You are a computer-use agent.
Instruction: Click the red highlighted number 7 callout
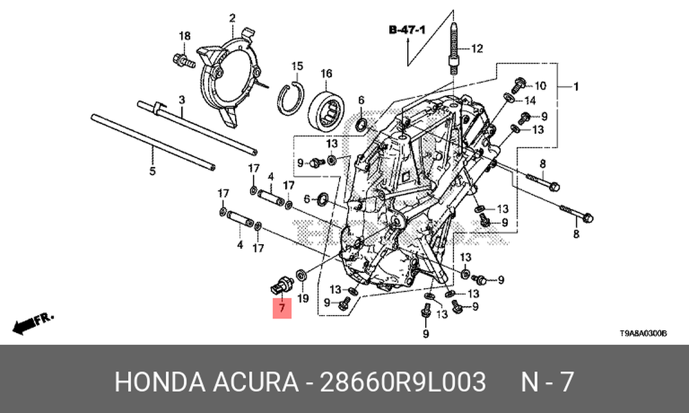click(x=282, y=308)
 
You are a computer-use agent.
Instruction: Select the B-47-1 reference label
click(x=407, y=30)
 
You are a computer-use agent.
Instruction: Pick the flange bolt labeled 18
click(x=184, y=61)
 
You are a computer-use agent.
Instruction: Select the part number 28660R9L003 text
click(x=402, y=381)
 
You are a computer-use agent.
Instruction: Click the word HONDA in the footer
click(x=160, y=381)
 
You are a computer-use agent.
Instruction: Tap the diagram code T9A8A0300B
click(x=644, y=334)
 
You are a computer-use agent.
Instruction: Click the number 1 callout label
click(x=576, y=87)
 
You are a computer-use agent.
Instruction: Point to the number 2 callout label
click(x=232, y=18)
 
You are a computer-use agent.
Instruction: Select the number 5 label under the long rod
click(x=152, y=171)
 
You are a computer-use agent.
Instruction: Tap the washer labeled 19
click(x=302, y=275)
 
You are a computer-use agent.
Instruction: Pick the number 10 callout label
click(x=540, y=85)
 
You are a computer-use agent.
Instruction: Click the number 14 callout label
click(x=530, y=101)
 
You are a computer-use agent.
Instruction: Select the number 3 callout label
click(x=182, y=100)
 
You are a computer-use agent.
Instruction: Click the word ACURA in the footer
click(x=256, y=381)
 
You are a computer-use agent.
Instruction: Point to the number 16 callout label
click(x=326, y=74)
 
